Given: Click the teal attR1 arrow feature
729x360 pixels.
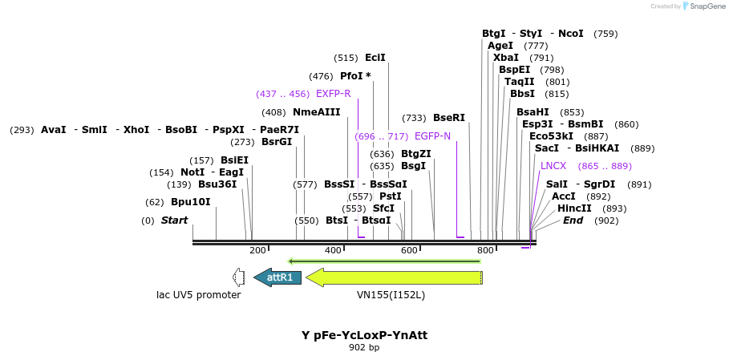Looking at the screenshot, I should pos(277,277).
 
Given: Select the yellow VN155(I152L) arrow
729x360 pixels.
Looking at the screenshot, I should pos(393,277).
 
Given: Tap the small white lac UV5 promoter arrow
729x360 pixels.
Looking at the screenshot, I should pos(237,277).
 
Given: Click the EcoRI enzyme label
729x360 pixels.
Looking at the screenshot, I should pos(375,58).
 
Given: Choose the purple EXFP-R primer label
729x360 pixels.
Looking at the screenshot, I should pos(333,94).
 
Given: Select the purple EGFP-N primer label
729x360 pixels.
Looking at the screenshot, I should pos(432,136).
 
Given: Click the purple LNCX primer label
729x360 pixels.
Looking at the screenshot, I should pos(553,166).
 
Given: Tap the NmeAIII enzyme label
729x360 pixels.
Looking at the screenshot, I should pos(316,112).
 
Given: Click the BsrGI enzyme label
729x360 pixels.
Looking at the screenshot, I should pos(277,142).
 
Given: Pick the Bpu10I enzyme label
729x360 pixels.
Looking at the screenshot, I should pos(190,202).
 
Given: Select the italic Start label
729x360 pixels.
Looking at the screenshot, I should pos(174,220).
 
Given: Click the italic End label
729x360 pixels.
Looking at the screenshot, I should pos(573,220).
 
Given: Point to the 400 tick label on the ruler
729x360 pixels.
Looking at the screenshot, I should pos(334,251).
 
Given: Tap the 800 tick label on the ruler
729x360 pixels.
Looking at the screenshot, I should pos(485,251).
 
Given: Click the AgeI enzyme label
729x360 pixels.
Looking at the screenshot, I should pos(500,46).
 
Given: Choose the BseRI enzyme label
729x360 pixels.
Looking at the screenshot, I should pos(449,118).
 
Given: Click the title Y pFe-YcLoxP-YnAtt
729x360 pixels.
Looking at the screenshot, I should pos(364,335).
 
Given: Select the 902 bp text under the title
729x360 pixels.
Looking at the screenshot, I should pos(364,348).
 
